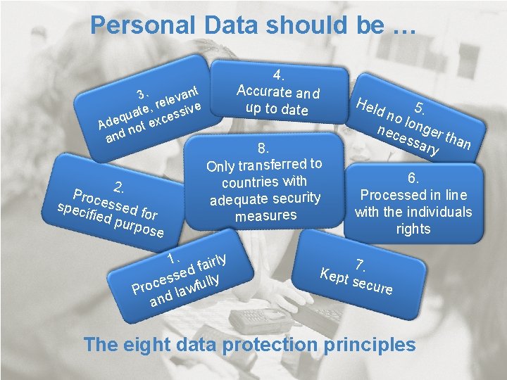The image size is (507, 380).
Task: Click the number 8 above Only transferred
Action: [x=263, y=148]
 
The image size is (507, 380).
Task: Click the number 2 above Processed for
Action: [x=120, y=187]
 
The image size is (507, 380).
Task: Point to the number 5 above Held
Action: [x=420, y=108]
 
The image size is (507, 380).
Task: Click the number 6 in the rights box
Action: [x=413, y=179]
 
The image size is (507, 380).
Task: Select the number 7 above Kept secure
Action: [x=360, y=265]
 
